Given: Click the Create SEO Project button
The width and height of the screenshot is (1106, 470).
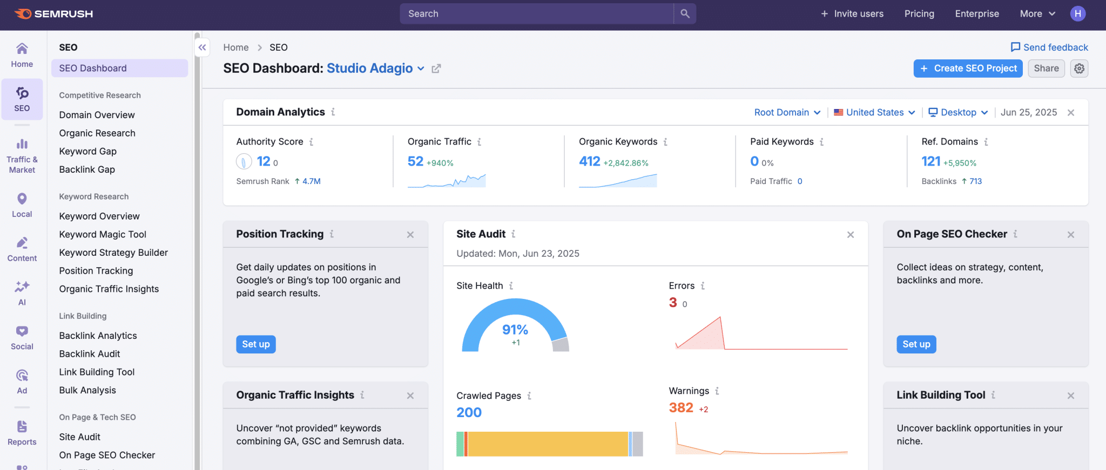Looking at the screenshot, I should (x=968, y=69).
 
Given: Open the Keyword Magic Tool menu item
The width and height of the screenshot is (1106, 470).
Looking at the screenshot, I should (x=103, y=234).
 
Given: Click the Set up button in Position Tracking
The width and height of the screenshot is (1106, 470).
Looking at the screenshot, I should (x=255, y=344).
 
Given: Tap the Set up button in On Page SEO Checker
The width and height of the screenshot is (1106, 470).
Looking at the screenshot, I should (x=916, y=344).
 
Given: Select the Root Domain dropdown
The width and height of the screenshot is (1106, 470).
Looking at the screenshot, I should (x=787, y=112).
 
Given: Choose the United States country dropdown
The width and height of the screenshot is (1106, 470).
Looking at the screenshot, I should (x=874, y=112).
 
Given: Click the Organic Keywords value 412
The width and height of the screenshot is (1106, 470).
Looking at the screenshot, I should (x=589, y=161).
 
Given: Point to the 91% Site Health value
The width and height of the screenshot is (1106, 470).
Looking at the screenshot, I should (x=515, y=330).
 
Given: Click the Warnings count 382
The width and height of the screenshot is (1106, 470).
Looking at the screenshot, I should (x=680, y=408).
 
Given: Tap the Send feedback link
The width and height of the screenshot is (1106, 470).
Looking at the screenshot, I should (x=1049, y=47).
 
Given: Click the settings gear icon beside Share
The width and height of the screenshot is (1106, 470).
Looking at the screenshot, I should (x=1079, y=69).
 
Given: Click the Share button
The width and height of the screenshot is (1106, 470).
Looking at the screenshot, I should (x=1046, y=69).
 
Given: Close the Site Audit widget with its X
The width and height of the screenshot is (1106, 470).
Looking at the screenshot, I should (x=851, y=235).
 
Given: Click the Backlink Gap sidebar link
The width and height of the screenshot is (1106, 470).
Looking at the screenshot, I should (x=87, y=169).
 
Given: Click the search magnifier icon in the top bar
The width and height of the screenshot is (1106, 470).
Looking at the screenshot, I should (x=685, y=13).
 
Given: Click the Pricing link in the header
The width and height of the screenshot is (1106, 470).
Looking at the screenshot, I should (x=919, y=13).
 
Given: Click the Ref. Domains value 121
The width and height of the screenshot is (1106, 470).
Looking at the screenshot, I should (x=930, y=161).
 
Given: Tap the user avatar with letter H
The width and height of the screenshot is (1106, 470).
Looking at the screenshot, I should (x=1077, y=13).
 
